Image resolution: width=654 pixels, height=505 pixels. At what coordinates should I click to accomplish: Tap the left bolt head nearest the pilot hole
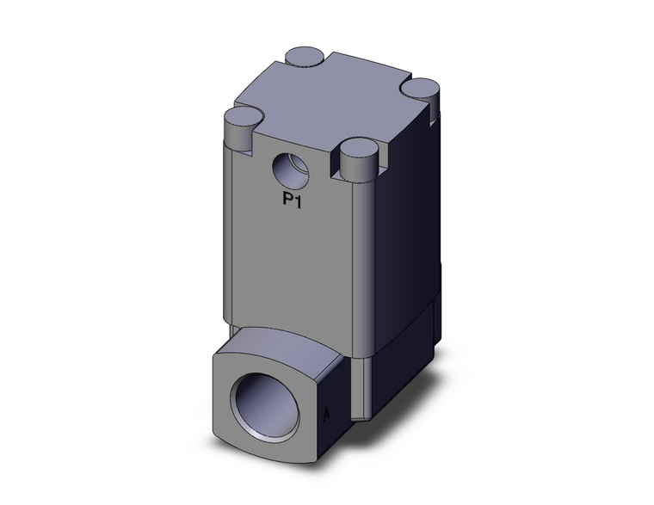coord(240,116)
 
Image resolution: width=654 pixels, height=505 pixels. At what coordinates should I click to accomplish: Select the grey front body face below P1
coord(293,258)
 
